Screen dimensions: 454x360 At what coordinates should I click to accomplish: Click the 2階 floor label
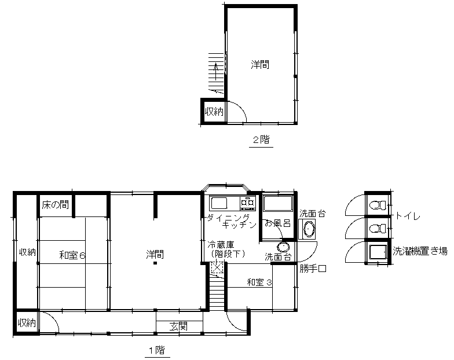(x=262, y=140)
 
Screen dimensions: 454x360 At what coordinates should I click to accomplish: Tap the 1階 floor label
(x=158, y=350)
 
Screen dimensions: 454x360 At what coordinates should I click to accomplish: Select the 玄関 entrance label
(x=178, y=326)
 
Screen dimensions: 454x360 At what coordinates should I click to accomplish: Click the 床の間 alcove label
(x=56, y=205)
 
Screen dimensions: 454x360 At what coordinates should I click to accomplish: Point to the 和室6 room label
(x=72, y=256)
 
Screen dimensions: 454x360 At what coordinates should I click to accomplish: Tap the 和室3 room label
(x=259, y=282)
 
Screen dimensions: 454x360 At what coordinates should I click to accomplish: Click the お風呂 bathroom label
(x=277, y=223)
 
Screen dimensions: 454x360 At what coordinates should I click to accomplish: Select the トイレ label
(x=408, y=216)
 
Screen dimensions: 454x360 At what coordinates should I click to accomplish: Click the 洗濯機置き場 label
(x=420, y=251)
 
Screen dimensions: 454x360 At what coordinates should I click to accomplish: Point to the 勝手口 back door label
(x=313, y=269)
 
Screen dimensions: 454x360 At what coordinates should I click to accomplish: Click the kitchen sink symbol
(x=219, y=203)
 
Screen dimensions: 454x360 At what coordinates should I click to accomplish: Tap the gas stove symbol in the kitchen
(x=248, y=203)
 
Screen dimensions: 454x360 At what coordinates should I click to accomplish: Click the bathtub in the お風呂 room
(x=278, y=204)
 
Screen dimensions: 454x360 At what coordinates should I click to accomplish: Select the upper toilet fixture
(x=378, y=205)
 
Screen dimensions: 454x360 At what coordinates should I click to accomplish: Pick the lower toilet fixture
(x=378, y=229)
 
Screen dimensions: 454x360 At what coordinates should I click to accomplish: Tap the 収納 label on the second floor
(x=214, y=111)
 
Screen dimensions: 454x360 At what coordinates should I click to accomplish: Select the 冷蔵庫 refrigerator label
(x=221, y=245)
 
